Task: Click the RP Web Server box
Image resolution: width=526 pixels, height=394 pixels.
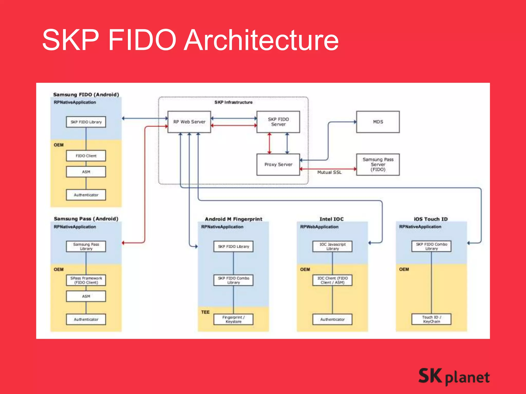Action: point(189,122)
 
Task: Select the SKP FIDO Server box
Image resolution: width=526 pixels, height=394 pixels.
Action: point(278,122)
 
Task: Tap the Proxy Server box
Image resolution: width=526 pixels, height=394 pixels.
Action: point(278,164)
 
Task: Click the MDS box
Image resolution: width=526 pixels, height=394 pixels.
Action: point(378,122)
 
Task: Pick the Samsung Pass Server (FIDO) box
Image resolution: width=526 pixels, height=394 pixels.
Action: point(378,164)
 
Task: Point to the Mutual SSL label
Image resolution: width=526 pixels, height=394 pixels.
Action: point(329,172)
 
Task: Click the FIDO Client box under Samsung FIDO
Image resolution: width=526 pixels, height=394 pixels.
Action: point(86,156)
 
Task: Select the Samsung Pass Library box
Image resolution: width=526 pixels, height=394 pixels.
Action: point(86,247)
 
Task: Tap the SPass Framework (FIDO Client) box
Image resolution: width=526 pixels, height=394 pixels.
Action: point(86,280)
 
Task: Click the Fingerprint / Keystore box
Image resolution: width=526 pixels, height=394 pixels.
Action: point(233,319)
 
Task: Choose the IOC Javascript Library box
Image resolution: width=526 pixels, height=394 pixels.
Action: point(332,247)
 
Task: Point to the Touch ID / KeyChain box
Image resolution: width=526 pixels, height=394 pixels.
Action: point(431,319)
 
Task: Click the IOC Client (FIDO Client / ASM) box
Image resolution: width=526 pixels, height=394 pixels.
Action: point(332,280)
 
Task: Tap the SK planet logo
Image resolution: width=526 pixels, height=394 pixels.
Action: point(454,377)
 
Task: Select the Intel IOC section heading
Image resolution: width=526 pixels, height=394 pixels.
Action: point(331,219)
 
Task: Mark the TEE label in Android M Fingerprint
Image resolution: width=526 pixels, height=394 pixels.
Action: point(205,312)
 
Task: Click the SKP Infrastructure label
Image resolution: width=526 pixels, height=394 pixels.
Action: point(233,102)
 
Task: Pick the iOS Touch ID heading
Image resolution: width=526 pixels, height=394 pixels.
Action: point(431,219)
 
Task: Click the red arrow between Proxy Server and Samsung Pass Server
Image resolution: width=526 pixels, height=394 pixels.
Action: point(328,169)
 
